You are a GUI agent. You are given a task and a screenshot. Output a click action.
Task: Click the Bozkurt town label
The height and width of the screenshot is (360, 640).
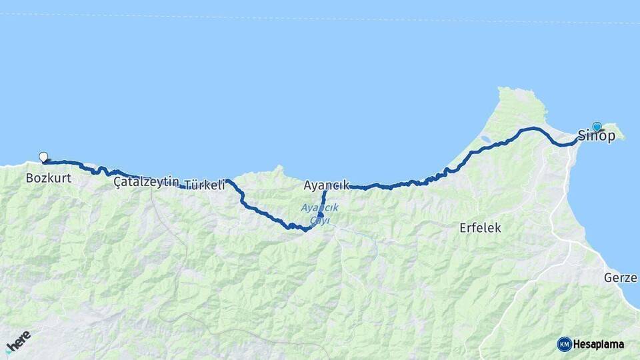(48, 179)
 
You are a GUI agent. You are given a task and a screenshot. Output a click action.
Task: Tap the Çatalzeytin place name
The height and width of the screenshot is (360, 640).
(146, 181)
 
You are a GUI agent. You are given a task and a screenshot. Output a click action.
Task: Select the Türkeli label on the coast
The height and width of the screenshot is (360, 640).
(204, 185)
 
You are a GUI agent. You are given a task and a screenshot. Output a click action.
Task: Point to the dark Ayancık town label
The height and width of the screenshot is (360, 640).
(326, 185)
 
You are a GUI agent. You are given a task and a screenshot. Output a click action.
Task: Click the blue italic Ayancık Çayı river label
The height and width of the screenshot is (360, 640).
(319, 213)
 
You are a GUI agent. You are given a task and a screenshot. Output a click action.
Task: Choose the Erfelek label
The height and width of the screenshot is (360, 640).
(480, 228)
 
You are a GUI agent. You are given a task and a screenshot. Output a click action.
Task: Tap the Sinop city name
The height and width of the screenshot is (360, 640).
(596, 136)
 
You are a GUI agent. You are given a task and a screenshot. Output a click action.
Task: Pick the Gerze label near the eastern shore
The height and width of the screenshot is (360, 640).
(621, 277)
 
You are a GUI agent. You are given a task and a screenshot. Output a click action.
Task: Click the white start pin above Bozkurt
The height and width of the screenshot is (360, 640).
(44, 157)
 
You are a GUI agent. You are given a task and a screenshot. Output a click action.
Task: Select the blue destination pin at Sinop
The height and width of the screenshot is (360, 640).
(597, 127)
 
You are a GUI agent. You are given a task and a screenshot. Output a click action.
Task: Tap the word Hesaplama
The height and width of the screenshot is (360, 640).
(598, 345)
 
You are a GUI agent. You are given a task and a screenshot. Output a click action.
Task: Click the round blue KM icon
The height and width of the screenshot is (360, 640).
(564, 344)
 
